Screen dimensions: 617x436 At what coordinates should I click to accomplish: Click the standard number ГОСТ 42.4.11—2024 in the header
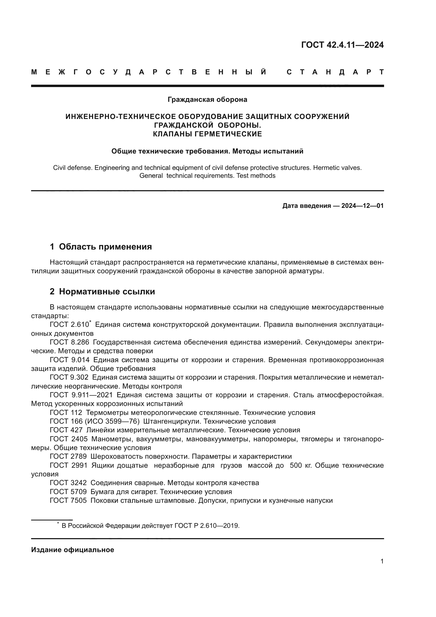(x=342, y=45)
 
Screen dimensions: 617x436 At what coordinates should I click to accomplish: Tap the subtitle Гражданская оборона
(x=207, y=99)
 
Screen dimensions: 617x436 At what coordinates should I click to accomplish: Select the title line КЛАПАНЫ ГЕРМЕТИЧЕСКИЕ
(x=207, y=134)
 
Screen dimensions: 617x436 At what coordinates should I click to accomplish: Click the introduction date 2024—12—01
(x=362, y=206)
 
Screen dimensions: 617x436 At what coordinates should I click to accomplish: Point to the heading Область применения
(x=105, y=247)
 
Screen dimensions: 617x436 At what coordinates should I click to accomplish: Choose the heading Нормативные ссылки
(x=107, y=291)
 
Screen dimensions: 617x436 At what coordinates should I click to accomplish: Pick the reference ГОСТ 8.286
(x=70, y=342)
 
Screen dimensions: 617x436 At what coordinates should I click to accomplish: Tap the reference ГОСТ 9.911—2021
(x=81, y=395)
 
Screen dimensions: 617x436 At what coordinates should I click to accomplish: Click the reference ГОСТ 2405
(x=69, y=439)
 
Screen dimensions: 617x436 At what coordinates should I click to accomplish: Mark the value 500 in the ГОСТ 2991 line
(x=296, y=465)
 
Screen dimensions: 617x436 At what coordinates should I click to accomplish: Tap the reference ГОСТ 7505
(x=68, y=501)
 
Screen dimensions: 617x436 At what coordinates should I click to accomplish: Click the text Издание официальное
(x=72, y=550)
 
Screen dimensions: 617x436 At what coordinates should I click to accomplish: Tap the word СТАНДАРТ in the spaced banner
(x=335, y=72)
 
